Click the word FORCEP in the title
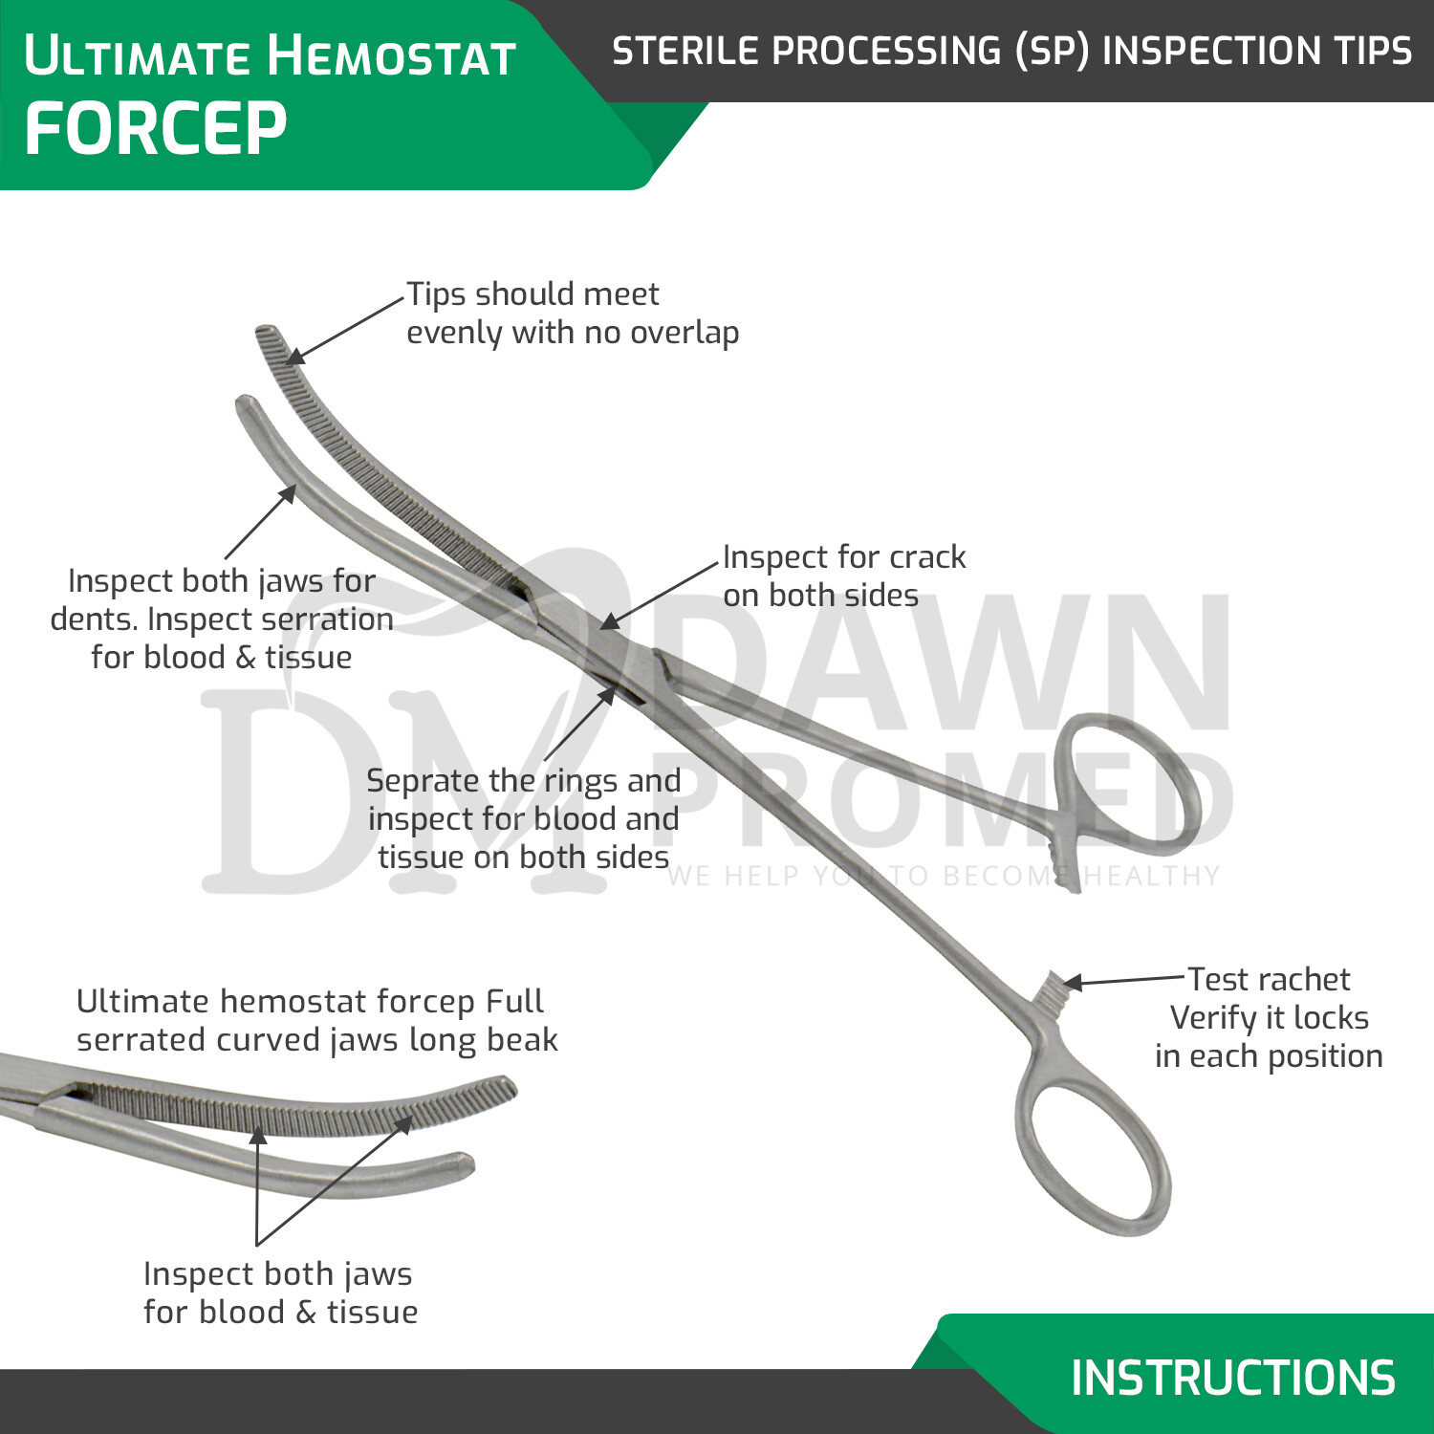point(155,129)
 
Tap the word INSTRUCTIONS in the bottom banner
point(1232,1378)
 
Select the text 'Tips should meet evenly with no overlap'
point(572,313)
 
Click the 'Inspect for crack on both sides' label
point(843,576)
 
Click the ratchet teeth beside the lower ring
point(1052,989)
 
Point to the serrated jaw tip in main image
point(267,337)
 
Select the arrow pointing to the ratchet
point(1123,980)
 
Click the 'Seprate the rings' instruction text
point(523,818)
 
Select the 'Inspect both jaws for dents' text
point(222,619)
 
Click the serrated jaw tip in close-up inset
point(502,1090)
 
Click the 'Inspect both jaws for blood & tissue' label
point(279,1293)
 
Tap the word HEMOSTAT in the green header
point(392,55)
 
